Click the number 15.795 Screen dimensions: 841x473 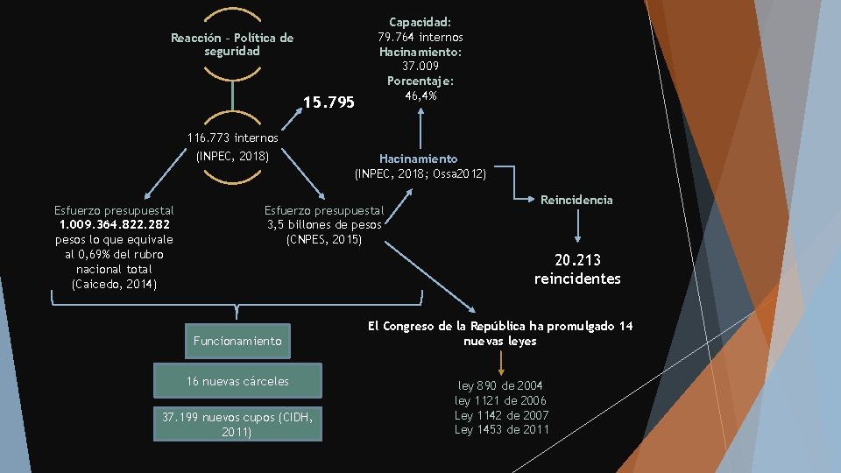tap(329, 103)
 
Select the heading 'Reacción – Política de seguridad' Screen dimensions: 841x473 tap(232, 45)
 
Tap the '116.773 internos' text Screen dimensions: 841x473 tap(233, 138)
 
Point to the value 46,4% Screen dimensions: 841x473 tap(420, 95)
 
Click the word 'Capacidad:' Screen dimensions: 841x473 tap(420, 22)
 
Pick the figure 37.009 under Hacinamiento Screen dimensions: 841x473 tap(420, 66)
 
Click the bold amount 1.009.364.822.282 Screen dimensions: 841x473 tap(114, 225)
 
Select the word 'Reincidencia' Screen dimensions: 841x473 tap(576, 200)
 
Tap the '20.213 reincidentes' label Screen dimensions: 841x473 tap(577, 269)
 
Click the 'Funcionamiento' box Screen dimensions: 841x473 tap(238, 341)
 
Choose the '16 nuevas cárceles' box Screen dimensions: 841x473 tap(237, 381)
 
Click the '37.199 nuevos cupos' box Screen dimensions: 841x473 tap(237, 423)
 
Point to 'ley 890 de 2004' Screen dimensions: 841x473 tap(501, 385)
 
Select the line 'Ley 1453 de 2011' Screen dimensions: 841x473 tap(501, 429)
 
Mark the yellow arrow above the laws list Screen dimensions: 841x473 tap(501, 363)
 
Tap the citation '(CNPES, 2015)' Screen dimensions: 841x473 tap(324, 239)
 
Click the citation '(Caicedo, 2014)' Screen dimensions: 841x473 tap(114, 284)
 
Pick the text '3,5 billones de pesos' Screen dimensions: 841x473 tap(324, 224)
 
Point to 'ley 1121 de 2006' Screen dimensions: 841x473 tap(501, 400)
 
